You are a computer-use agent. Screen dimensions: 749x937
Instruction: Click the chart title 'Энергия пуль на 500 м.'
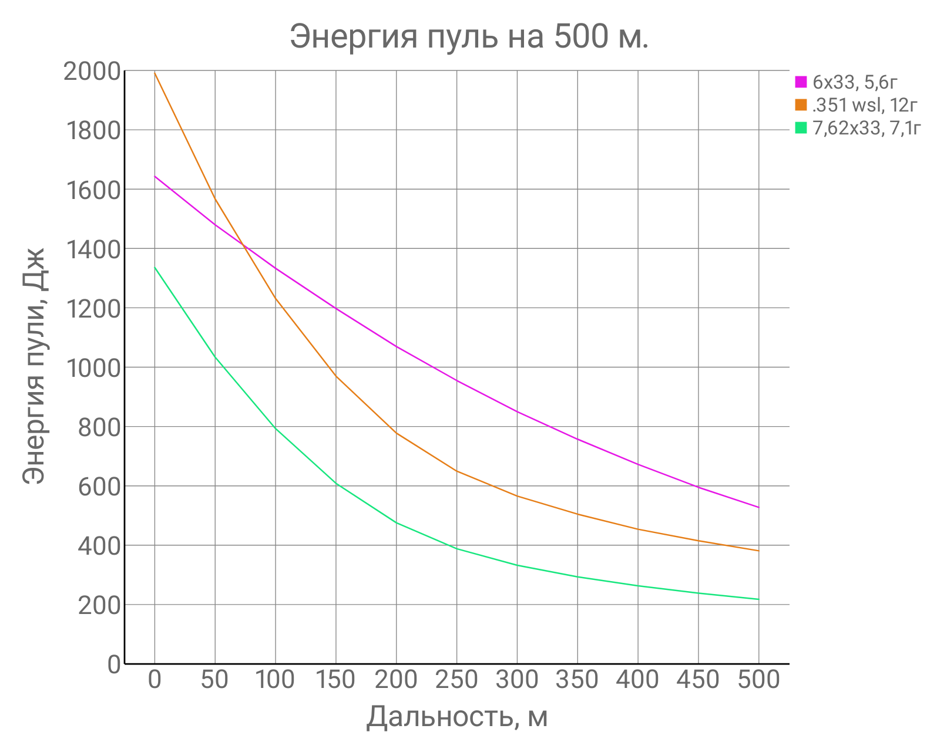[469, 36]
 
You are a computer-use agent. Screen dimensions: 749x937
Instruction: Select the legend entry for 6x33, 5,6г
[855, 83]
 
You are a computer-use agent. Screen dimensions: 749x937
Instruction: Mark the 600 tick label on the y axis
[99, 487]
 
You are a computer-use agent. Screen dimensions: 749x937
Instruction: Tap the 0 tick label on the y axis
[114, 665]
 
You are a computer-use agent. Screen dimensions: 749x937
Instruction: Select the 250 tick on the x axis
[456, 680]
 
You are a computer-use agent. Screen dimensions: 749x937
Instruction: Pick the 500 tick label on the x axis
[758, 680]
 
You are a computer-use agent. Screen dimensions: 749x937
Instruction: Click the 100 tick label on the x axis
[275, 680]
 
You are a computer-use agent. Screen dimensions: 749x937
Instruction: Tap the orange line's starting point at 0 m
[155, 72]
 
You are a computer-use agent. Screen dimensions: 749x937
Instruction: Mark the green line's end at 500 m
[758, 599]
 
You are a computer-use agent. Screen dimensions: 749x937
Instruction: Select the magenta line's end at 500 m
[758, 507]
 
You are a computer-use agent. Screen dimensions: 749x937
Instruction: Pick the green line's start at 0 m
[155, 267]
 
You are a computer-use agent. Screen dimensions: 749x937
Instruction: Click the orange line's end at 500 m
[758, 551]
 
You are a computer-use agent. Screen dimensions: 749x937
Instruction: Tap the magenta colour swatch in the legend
[801, 83]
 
